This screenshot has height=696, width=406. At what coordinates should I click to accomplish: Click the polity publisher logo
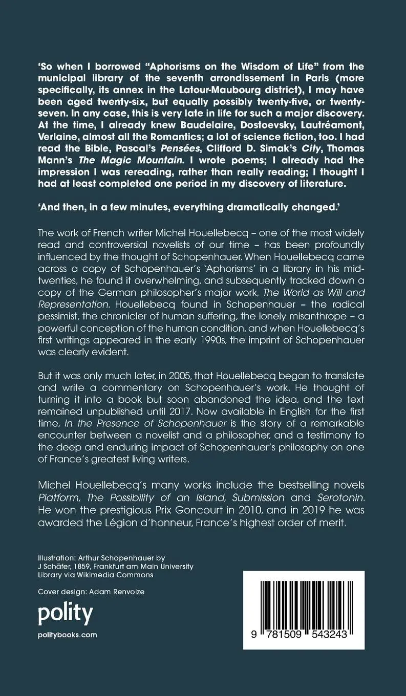click(66, 613)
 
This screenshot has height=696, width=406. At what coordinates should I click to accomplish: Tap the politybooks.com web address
click(68, 635)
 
